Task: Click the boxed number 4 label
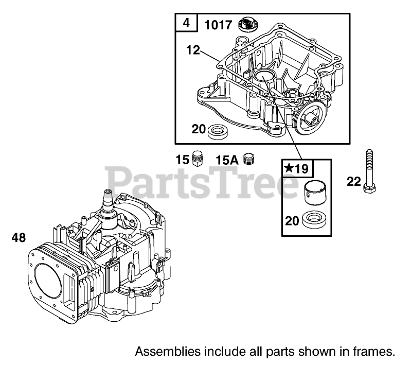(x=186, y=23)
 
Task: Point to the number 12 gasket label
(x=193, y=49)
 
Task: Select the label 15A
(x=227, y=160)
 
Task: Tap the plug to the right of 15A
(x=250, y=159)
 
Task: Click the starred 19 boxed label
(x=296, y=168)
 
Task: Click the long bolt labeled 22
(x=369, y=172)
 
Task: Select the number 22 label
(x=353, y=181)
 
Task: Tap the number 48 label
(x=19, y=237)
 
